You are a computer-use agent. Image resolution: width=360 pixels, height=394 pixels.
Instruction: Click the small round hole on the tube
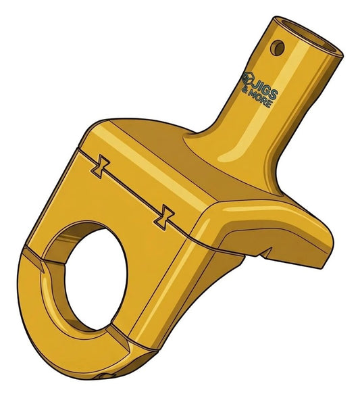click(x=278, y=48)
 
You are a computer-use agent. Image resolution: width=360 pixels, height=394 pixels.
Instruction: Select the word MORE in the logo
click(x=260, y=99)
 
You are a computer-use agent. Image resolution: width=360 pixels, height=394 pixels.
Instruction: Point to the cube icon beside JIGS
click(x=247, y=78)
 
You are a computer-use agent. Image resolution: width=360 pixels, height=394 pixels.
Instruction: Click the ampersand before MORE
click(x=245, y=90)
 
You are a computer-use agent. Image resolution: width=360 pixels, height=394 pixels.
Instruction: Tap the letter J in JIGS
click(x=255, y=85)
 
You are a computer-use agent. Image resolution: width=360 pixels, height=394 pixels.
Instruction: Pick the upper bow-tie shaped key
click(x=100, y=167)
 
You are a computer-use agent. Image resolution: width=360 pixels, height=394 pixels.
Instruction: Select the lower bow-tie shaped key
click(x=164, y=217)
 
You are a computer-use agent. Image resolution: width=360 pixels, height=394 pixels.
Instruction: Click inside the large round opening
click(x=96, y=278)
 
